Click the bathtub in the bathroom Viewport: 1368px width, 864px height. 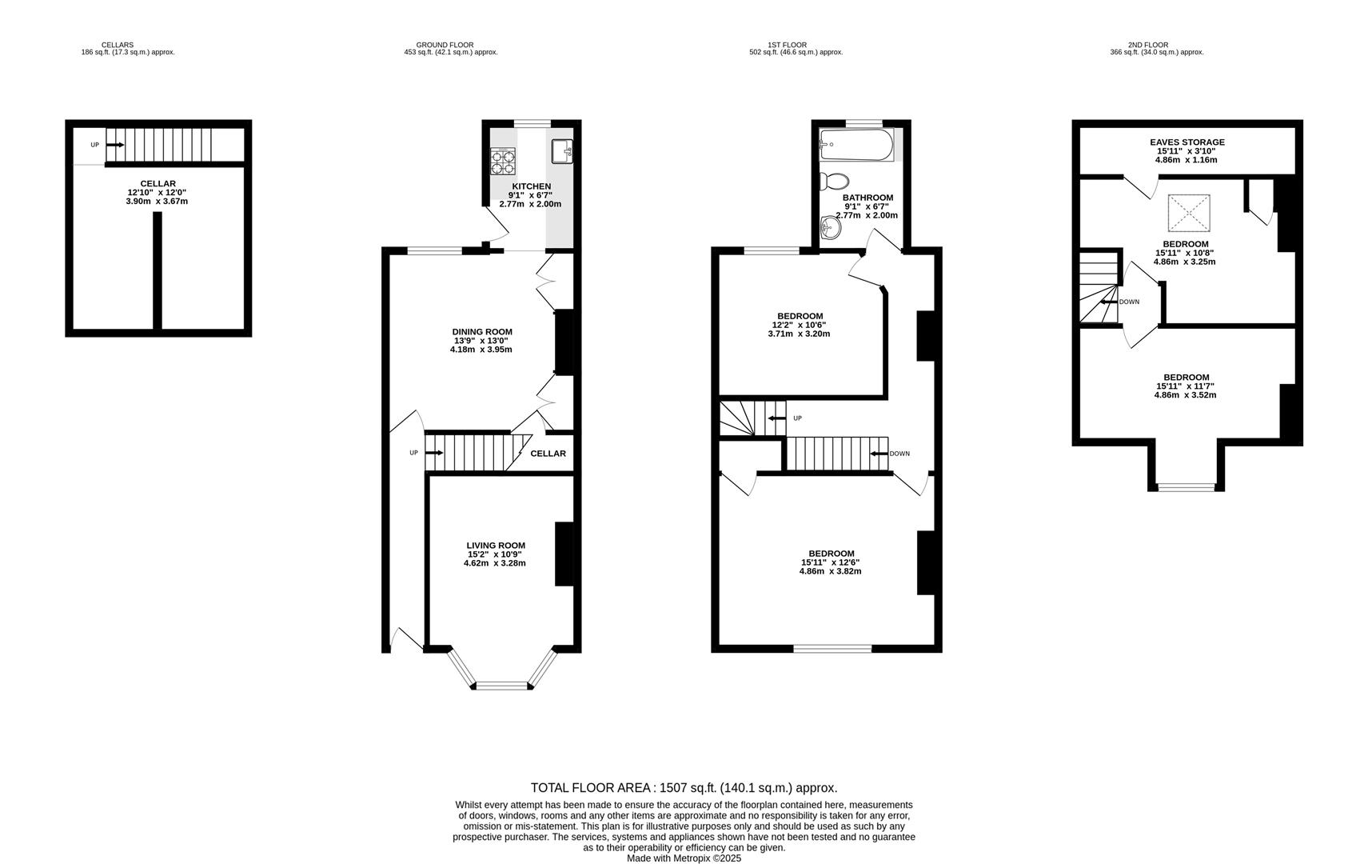pos(855,145)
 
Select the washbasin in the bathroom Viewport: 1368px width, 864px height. pos(831,229)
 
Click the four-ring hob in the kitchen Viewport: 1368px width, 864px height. pos(503,162)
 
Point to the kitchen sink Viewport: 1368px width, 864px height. pos(563,150)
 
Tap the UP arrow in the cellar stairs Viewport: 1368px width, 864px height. pos(114,145)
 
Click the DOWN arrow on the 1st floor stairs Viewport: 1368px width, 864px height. pos(879,454)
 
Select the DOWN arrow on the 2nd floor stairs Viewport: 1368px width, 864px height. pos(1110,302)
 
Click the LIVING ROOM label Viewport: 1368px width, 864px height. pos(496,546)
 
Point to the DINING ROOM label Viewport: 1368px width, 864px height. pos(482,332)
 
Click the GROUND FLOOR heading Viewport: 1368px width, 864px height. pos(445,45)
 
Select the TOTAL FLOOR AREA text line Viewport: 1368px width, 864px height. pos(684,788)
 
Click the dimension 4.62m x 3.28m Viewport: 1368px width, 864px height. pos(495,563)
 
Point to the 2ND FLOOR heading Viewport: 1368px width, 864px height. pos(1148,45)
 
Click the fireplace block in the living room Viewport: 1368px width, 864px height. pos(564,554)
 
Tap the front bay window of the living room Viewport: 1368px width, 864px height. pos(502,685)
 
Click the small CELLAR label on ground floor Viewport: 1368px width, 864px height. pos(548,454)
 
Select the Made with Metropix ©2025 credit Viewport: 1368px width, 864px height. pos(684,858)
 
